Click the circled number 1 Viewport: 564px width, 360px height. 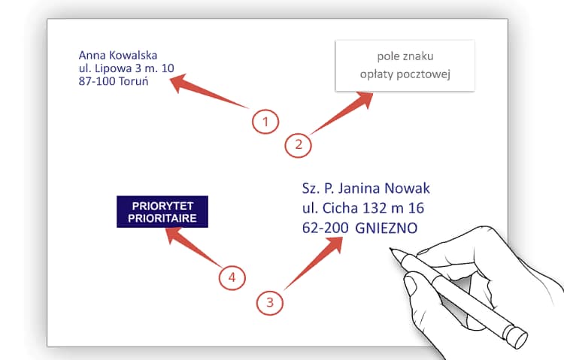265,122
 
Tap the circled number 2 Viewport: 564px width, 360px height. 299,144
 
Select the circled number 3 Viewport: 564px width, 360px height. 270,302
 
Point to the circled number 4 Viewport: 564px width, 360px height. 232,277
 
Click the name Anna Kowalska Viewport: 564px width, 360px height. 118,56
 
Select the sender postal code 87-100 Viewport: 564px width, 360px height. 96,81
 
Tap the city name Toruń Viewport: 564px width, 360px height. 133,81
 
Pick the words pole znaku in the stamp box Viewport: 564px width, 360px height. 405,56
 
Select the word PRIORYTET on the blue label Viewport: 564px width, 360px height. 162,206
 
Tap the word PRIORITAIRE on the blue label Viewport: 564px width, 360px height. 162,218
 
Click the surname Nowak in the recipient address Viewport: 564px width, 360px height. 407,189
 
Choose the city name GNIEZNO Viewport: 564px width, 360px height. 387,228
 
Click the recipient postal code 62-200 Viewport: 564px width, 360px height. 325,228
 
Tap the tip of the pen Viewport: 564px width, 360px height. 390,249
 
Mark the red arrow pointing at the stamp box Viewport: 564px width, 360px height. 341,113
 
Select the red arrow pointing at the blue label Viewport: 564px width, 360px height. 194,247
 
